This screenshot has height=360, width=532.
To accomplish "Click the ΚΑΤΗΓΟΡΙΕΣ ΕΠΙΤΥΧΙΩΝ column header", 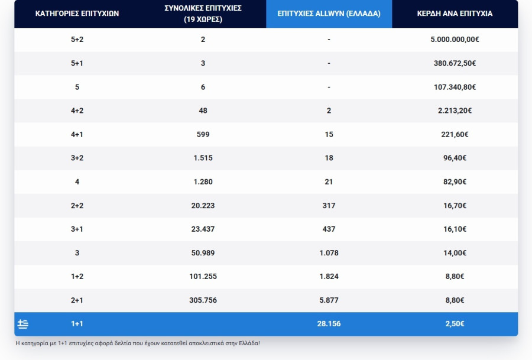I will tap(77, 13).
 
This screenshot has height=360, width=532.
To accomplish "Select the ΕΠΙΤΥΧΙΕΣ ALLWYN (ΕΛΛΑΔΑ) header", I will tap(329, 13).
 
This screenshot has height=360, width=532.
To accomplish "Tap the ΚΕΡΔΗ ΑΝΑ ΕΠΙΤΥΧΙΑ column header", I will tap(455, 13).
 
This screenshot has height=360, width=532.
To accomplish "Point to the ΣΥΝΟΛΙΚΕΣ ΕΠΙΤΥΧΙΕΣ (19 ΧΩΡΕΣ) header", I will tap(203, 14).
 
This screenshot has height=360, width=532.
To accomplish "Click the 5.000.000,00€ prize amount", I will tap(455, 40).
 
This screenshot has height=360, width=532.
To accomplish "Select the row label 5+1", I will tap(77, 63).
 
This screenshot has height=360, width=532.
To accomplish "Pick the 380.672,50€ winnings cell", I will tap(455, 63).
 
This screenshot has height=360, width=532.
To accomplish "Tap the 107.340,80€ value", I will tap(455, 87).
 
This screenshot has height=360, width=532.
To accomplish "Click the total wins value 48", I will tap(203, 111).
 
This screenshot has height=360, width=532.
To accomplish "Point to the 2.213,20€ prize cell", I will tap(455, 111).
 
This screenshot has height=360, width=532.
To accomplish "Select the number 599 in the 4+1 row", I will tap(203, 134).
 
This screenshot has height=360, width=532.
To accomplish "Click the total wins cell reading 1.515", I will tap(203, 158).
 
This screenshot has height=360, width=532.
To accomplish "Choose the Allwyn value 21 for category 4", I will tap(329, 181).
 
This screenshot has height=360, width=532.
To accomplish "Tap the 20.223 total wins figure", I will tap(203, 205).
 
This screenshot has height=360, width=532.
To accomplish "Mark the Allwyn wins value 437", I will tap(329, 229).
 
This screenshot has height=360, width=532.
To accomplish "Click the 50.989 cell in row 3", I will tap(203, 252).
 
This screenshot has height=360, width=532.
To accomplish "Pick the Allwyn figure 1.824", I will tap(329, 276).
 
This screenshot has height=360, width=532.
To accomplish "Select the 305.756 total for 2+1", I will tap(203, 300).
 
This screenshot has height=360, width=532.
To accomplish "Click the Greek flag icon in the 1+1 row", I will tap(23, 324).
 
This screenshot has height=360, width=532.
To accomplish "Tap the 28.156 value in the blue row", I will tap(329, 324).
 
